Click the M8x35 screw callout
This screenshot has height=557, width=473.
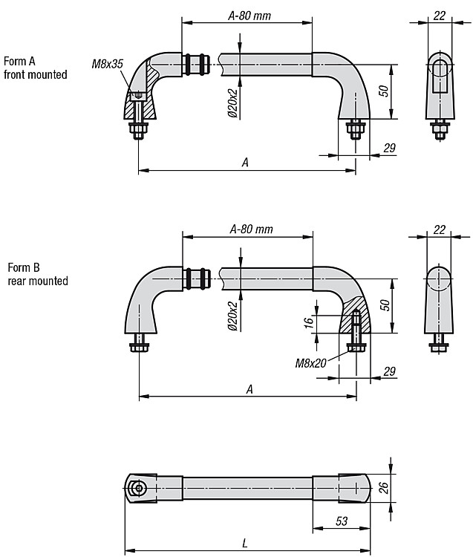tap(107, 64)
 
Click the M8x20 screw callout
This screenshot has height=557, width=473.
tap(310, 363)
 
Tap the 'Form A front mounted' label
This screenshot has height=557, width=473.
tap(35, 68)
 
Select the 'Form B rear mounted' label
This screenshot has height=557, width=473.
tap(38, 274)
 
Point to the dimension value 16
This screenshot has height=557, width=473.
tap(309, 322)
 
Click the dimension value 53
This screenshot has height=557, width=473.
tap(342, 521)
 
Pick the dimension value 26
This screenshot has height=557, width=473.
tap(383, 487)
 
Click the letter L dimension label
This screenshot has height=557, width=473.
tap(244, 544)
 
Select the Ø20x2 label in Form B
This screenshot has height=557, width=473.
tap(232, 316)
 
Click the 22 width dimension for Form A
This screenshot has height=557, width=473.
tap(440, 16)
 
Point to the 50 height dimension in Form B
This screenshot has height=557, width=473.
tap(385, 305)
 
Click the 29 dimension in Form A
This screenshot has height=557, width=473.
tap(390, 148)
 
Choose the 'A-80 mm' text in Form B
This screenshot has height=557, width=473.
tap(252, 229)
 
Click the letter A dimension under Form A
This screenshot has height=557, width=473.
tap(245, 163)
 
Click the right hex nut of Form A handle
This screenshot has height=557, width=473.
tap(356, 129)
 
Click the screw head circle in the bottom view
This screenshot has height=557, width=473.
tap(139, 488)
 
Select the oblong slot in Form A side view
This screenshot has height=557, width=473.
tap(440, 76)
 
